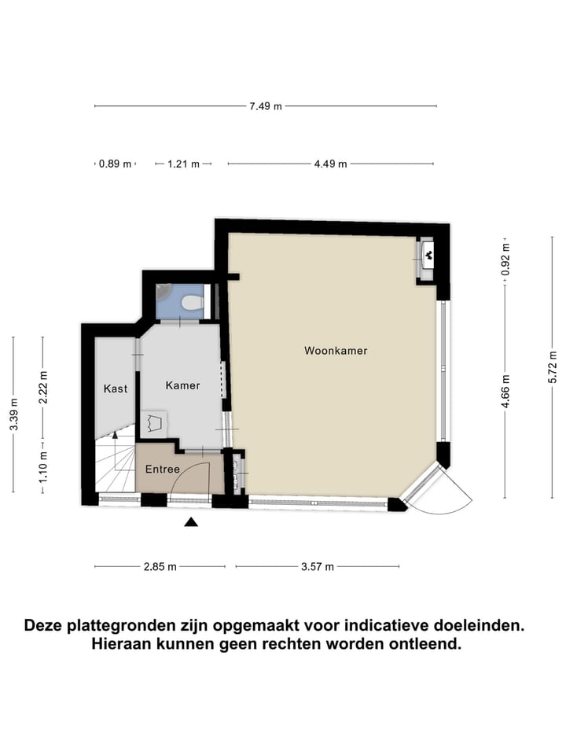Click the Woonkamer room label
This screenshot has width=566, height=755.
[336, 351]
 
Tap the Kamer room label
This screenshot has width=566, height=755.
[182, 385]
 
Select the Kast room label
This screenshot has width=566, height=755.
[115, 389]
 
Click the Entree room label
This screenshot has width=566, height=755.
[162, 470]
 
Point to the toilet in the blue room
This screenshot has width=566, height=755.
[191, 302]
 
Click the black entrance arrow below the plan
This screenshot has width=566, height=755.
[191, 521]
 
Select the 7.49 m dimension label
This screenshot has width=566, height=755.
[266, 106]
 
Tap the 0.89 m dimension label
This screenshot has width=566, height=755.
[115, 164]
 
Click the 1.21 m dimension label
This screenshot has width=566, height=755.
[184, 164]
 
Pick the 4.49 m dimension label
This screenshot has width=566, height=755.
[330, 164]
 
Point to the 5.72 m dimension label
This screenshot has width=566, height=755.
[552, 366]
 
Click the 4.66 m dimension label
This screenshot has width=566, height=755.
[505, 390]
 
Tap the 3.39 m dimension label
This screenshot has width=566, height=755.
[13, 414]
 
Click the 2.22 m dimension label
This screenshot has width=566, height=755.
[44, 387]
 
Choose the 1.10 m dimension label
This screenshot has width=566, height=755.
[44, 465]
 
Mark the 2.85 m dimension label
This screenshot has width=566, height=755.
[160, 567]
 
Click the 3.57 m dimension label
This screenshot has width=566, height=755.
[318, 567]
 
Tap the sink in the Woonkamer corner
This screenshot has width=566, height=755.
[428, 253]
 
